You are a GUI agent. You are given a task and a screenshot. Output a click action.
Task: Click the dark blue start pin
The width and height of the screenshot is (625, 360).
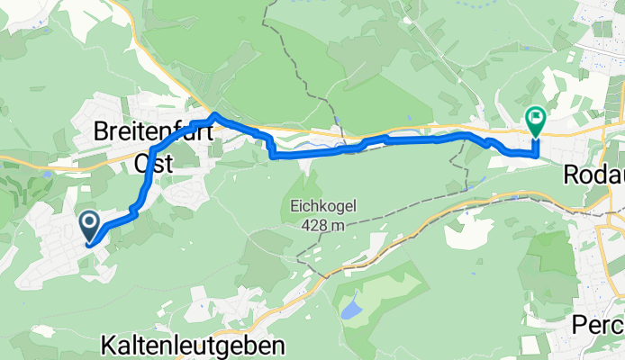tap(90, 225)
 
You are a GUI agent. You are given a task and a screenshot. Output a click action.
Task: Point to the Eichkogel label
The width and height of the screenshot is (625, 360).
tap(324, 206)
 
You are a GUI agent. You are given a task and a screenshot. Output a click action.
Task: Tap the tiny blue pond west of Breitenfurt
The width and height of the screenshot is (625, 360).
tap(45, 166)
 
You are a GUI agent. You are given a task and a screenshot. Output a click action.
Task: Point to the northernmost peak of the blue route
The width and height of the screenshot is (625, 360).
tap(214, 114)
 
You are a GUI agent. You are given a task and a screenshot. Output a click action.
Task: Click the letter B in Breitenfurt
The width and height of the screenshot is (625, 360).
tap(102, 132)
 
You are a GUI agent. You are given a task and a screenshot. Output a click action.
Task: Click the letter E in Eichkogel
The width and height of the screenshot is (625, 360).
tap(295, 206)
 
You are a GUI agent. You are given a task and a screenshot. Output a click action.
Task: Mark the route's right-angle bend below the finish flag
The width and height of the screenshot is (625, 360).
tap(537, 155)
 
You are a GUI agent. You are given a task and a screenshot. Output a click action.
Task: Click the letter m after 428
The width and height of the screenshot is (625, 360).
tap(336, 225)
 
